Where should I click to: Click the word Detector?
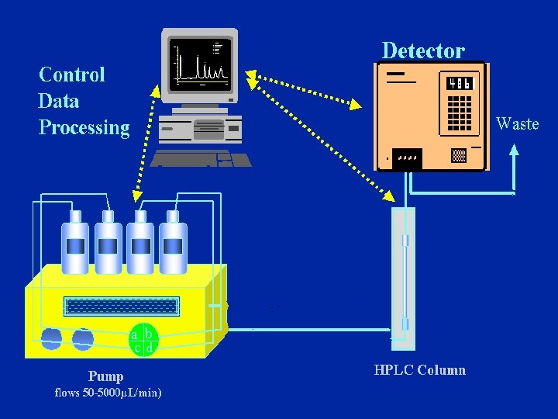423,51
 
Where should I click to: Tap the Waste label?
517,123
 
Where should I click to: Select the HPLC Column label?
419,370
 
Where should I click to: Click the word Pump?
105,376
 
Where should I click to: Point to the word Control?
71,74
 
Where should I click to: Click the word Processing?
84,127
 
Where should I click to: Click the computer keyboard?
201,159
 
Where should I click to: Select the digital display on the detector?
459,84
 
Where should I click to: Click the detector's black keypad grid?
459,112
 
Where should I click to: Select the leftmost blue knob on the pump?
51,338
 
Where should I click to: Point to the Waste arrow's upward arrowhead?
513,153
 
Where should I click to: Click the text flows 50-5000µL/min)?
108,393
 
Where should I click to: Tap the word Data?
58,101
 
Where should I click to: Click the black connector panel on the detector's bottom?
407,158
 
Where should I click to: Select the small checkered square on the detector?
458,154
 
